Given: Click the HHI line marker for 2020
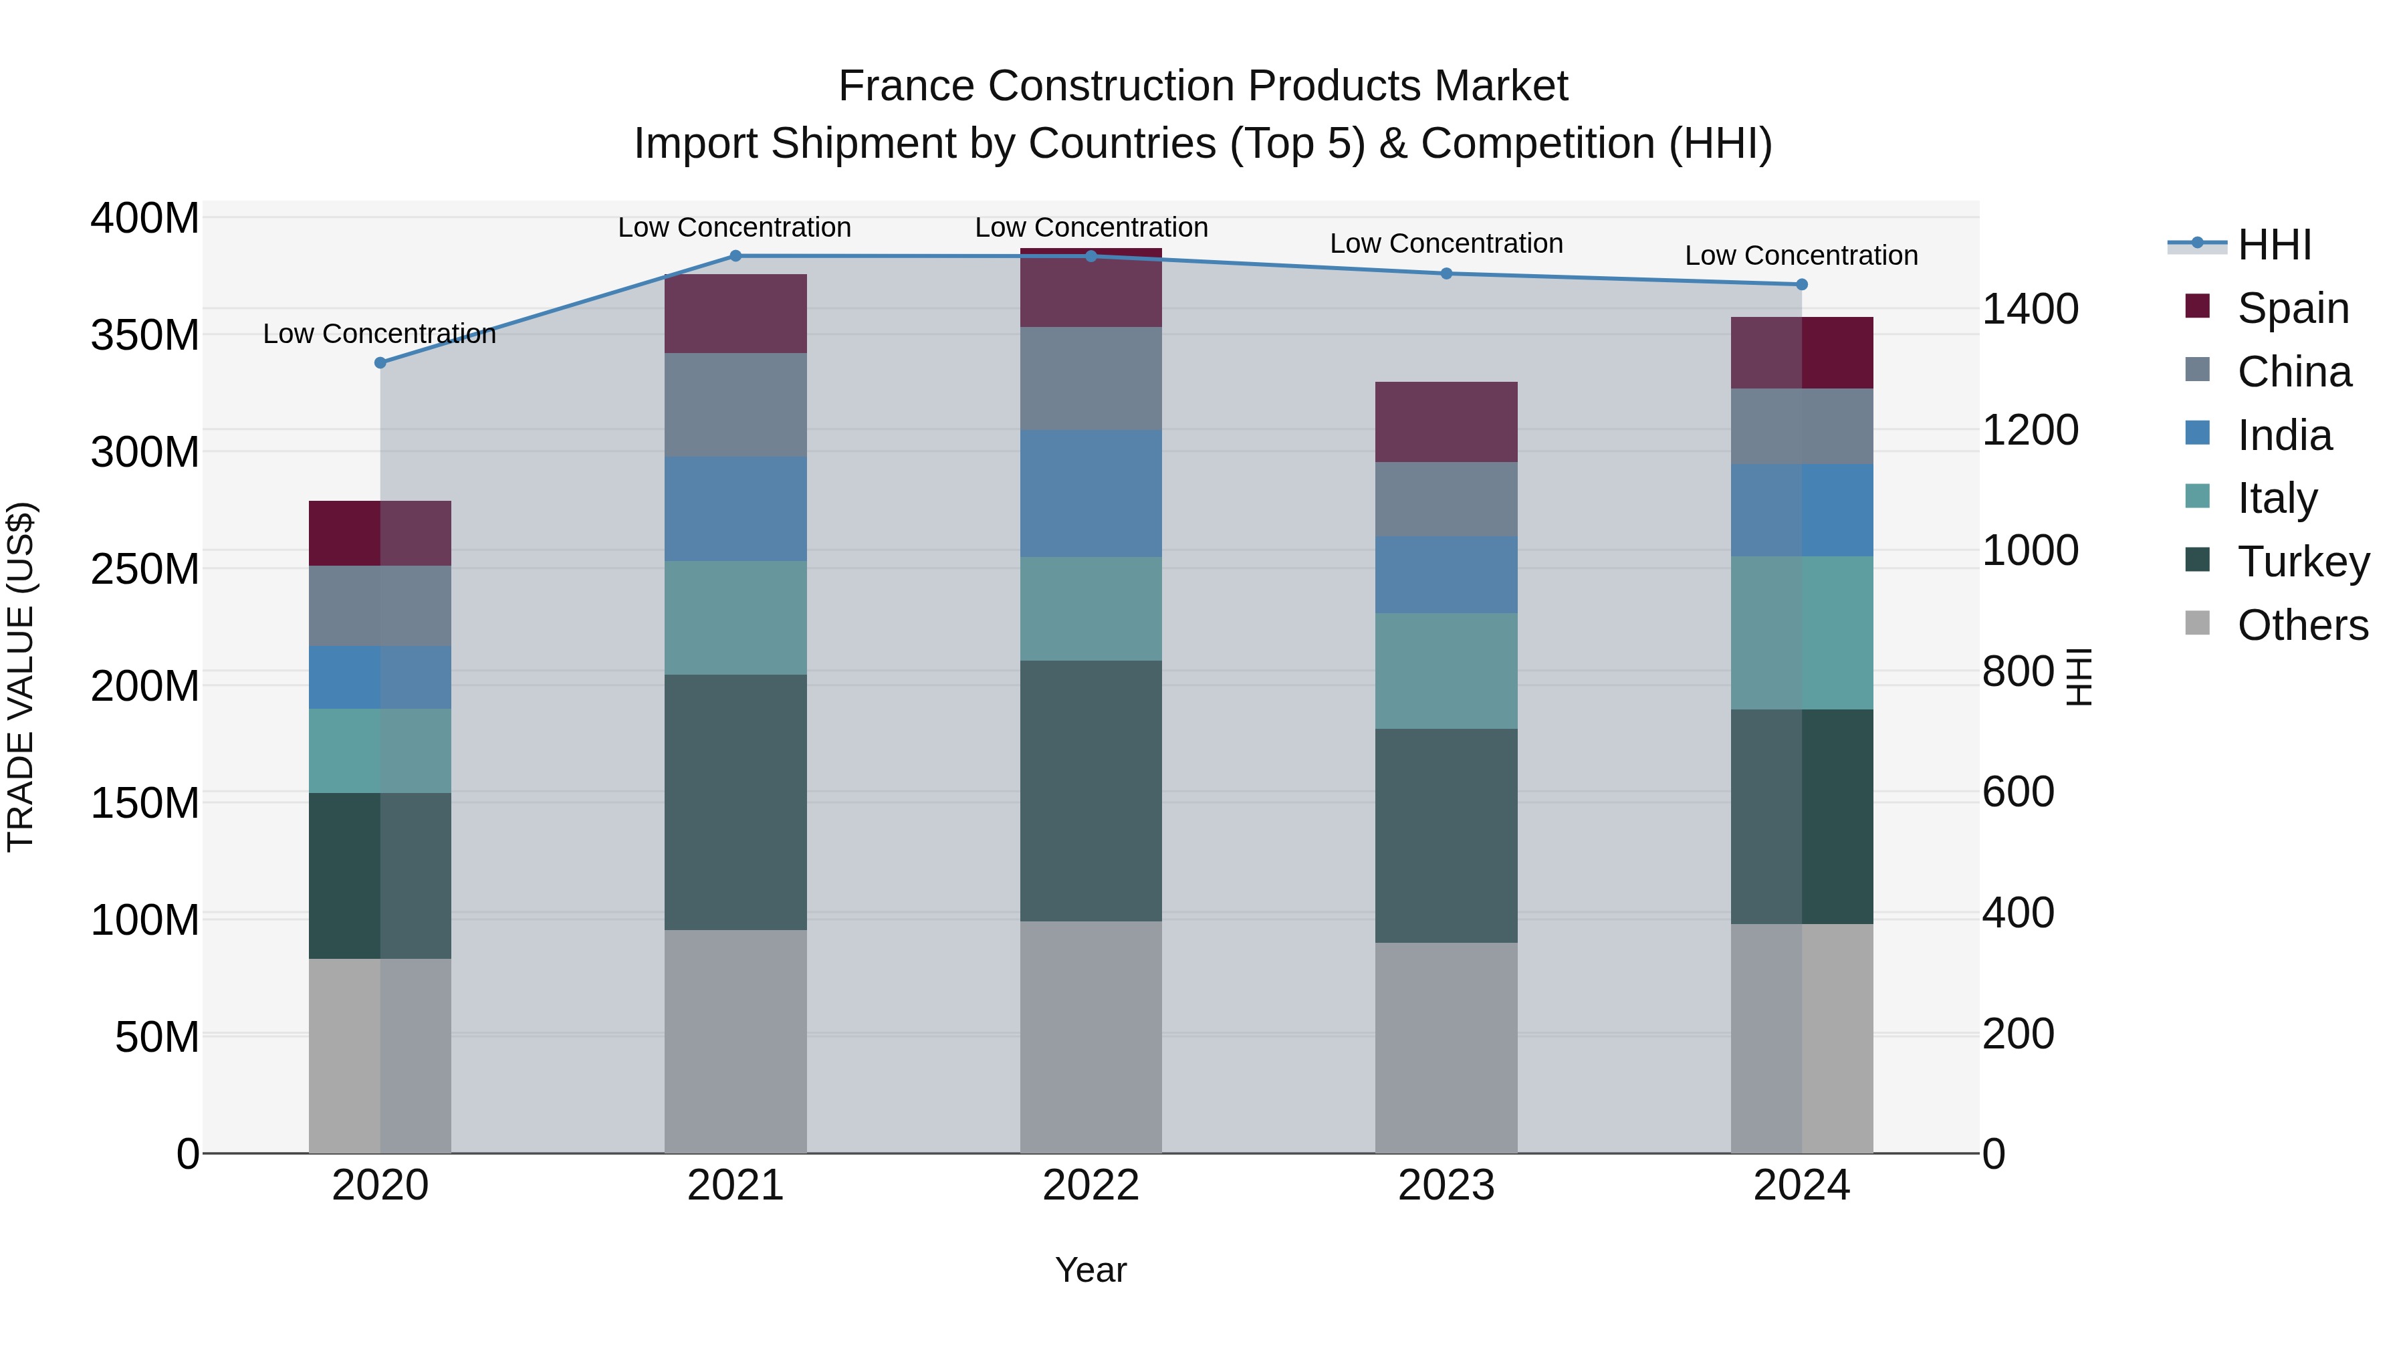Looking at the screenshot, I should coord(380,362).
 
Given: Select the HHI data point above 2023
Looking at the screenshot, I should coord(1446,273).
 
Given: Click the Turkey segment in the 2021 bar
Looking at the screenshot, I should coord(735,802).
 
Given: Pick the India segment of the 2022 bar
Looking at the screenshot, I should coord(1091,493).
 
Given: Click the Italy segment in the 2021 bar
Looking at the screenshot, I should coord(735,618).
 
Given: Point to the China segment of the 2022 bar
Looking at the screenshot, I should coord(1091,378).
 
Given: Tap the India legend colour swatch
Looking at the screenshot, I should coord(2198,433).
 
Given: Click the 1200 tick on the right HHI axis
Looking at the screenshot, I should coord(2029,430).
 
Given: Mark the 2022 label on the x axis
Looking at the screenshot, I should coord(1091,1186).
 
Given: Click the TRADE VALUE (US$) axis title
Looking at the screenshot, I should coord(21,677).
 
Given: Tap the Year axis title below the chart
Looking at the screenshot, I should coord(1091,1270).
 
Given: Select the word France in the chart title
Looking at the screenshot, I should coord(907,86).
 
